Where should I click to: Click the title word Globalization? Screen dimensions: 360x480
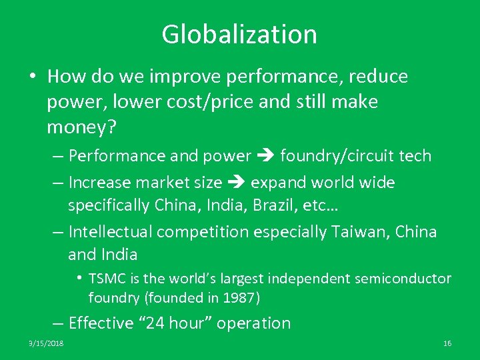[x=239, y=34]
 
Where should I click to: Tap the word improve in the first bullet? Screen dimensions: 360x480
[x=190, y=77]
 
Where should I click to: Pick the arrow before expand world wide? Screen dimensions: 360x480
[x=235, y=183]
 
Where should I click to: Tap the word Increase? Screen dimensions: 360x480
[x=99, y=183]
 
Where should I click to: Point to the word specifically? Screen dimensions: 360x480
[x=109, y=206]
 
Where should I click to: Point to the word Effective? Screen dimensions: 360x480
[x=101, y=323]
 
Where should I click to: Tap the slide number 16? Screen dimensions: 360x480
[x=447, y=343]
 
